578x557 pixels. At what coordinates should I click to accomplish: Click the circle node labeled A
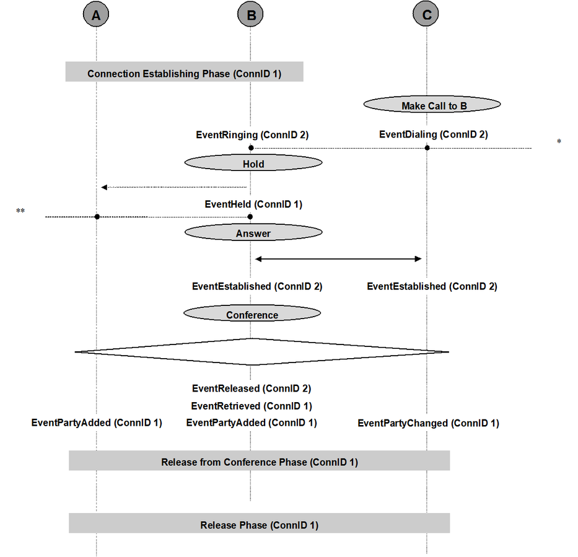point(96,14)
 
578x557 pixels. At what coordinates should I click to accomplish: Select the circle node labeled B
point(250,14)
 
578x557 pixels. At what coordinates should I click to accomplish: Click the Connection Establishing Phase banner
point(185,71)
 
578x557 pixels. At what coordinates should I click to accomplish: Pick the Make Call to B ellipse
point(432,104)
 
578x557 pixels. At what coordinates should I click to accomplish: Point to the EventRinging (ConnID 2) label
point(252,135)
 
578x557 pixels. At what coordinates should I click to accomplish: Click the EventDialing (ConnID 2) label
point(434,134)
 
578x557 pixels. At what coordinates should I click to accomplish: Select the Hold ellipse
point(253,162)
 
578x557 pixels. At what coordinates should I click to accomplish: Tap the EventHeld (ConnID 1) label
point(253,204)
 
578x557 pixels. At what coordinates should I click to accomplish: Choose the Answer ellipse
point(253,232)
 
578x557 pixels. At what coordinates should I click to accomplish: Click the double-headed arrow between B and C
point(338,259)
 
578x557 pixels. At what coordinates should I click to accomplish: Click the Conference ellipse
point(252,314)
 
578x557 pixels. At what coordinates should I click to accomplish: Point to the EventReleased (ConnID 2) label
point(252,388)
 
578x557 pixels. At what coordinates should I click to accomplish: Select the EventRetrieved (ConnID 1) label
point(252,406)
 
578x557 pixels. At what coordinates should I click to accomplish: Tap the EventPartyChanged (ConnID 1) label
point(428,423)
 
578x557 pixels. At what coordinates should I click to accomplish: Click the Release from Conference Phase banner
point(259,460)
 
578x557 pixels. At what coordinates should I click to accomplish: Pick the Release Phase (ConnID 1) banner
point(259,523)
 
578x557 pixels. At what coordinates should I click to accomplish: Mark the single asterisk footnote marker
point(559,141)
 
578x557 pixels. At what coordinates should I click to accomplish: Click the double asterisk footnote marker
point(20,211)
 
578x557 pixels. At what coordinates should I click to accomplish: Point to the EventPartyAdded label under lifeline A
point(97,423)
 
